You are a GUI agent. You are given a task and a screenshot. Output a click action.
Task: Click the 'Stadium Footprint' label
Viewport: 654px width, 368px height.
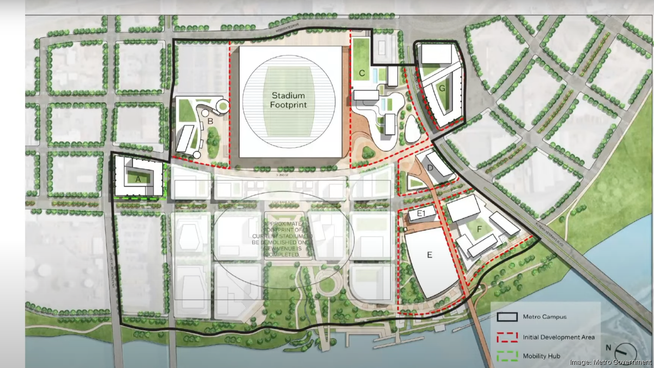pos(289,100)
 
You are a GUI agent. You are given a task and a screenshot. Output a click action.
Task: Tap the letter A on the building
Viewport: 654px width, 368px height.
pos(138,178)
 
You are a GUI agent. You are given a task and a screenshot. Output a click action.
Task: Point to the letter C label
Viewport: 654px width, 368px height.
pos(361,73)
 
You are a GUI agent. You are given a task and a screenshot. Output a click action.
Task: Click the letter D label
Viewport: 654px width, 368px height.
pos(429,168)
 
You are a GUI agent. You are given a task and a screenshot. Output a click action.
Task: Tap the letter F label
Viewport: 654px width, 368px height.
pos(480,230)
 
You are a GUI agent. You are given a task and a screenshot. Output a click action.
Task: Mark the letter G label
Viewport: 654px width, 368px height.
pos(442,87)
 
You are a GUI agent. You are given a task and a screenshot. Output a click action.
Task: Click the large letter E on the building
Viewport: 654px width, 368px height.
pos(429,254)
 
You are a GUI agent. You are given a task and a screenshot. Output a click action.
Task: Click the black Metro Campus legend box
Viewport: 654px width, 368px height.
pos(507,317)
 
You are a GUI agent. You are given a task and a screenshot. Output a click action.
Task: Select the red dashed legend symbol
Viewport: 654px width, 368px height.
pos(507,337)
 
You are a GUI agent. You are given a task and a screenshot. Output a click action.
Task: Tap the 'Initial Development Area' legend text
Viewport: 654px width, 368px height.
pos(559,337)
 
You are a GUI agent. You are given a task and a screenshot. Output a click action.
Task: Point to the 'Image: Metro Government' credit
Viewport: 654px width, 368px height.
pos(610,363)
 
